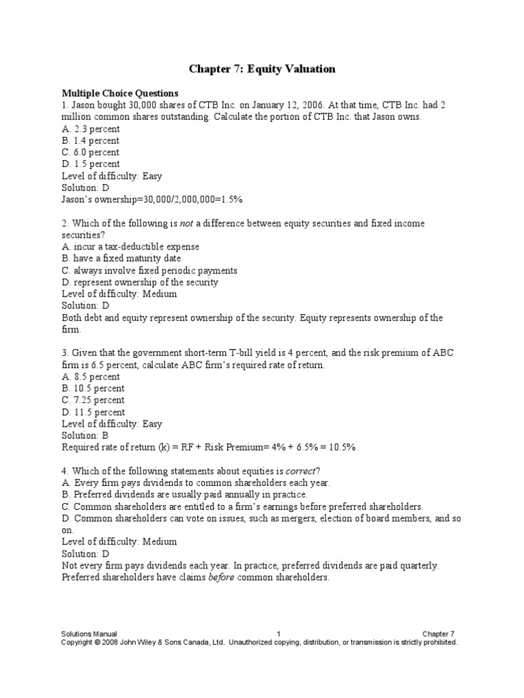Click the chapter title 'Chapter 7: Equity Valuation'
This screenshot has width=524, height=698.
click(x=262, y=70)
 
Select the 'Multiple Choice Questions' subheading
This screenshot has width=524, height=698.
click(x=120, y=93)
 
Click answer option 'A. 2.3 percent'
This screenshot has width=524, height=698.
click(x=90, y=129)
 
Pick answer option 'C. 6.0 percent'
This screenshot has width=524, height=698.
click(x=90, y=152)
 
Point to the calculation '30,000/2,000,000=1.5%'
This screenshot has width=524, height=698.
click(x=192, y=199)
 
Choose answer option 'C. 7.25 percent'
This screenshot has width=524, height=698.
click(x=93, y=400)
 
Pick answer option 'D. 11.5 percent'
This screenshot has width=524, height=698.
click(x=93, y=412)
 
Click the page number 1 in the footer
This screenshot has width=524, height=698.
click(x=279, y=634)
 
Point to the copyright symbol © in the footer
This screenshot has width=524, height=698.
click(x=98, y=642)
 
